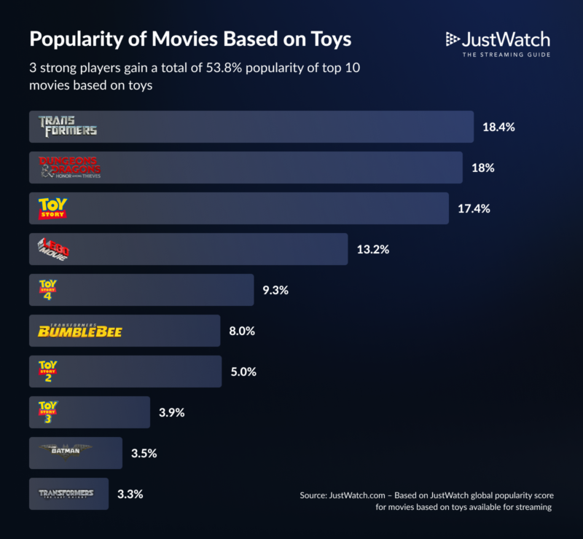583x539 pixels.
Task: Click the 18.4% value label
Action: click(498, 127)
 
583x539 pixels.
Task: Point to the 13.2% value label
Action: click(373, 249)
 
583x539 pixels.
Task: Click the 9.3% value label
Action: click(275, 290)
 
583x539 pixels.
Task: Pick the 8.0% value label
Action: click(242, 331)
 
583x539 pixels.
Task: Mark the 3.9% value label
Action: click(171, 412)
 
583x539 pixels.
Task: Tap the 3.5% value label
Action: click(144, 453)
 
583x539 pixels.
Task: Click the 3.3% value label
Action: click(130, 494)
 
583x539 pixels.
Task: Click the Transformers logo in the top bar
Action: click(68, 127)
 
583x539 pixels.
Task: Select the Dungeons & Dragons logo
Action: click(70, 168)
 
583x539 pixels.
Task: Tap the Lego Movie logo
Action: click(53, 249)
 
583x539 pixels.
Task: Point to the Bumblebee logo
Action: click(79, 331)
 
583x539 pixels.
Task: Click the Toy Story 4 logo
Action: click(47, 290)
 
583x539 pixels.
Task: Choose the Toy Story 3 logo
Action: click(47, 412)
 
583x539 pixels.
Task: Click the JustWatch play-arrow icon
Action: click(453, 39)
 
